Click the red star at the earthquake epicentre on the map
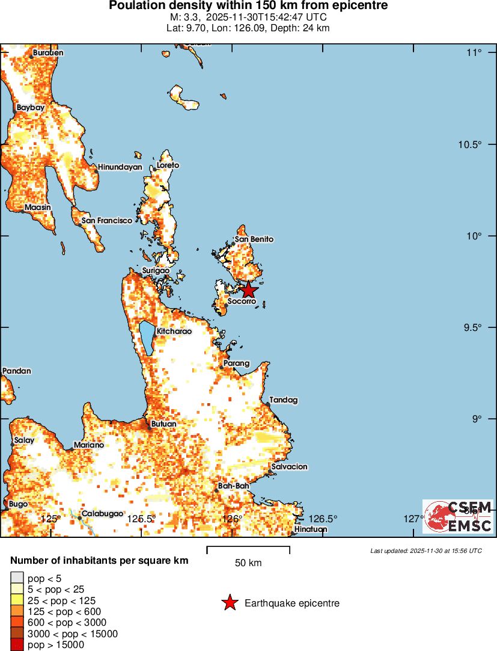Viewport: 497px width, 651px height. [249, 290]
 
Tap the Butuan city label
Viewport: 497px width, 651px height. [164, 424]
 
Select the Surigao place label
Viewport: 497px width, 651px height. [156, 271]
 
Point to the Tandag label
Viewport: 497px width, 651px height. [284, 400]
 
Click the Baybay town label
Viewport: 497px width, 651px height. [31, 107]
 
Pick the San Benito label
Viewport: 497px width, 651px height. [254, 239]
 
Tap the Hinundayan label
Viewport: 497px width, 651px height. [120, 167]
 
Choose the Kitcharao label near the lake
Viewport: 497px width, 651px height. [174, 331]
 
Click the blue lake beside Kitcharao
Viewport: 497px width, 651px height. [147, 338]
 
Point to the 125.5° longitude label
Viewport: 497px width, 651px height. [142, 519]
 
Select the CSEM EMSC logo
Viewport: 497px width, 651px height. [457, 516]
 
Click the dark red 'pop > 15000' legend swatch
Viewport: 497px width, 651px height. [17, 645]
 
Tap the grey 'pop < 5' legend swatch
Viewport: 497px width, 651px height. [17, 578]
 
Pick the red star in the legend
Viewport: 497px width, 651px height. [230, 603]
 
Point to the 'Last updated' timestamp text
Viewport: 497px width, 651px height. [425, 551]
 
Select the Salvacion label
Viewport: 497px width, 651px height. [289, 466]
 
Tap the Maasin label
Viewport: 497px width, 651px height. [38, 208]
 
